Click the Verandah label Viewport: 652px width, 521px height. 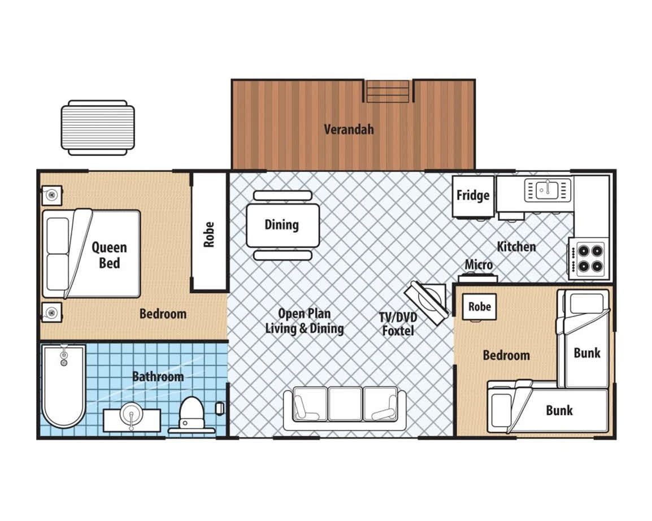point(349,129)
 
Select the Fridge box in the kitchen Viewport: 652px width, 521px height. point(473,196)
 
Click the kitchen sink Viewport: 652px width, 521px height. point(547,190)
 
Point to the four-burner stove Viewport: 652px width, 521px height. point(589,259)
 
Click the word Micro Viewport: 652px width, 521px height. point(479,264)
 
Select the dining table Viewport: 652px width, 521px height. point(282,225)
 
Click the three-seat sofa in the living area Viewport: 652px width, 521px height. point(345,409)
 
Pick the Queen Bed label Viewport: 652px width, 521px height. point(110,255)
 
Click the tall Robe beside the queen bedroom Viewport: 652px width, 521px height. point(209,232)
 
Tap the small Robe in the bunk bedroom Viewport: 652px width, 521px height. point(480,307)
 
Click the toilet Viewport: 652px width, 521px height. point(192,414)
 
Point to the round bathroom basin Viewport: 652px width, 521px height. point(132,415)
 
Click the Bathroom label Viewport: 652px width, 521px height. point(158,377)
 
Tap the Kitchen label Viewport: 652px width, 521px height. point(516,246)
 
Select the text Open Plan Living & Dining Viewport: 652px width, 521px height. point(305,321)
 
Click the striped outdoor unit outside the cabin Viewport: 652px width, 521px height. point(98,128)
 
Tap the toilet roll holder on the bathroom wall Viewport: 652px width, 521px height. point(220,409)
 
